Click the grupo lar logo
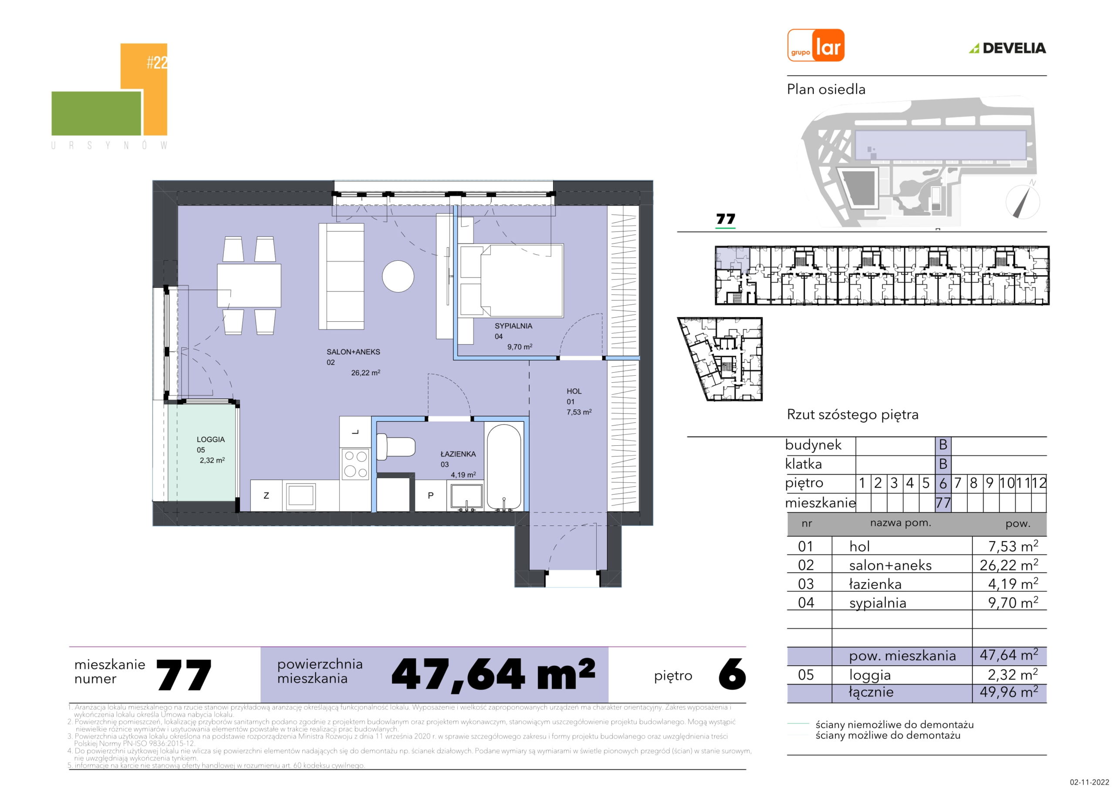click(x=815, y=45)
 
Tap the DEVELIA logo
click(x=1008, y=48)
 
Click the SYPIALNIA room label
click(x=514, y=326)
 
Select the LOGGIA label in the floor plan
click(x=211, y=439)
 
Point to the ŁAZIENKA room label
click(x=458, y=454)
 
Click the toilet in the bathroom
click(x=396, y=446)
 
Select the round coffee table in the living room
click(x=398, y=276)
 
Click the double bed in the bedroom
click(x=511, y=281)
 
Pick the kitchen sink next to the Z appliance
click(x=301, y=495)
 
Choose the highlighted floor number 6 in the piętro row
click(x=943, y=484)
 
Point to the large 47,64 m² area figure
click(x=493, y=674)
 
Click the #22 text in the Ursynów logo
click(x=157, y=63)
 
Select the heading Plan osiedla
click(x=826, y=90)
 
